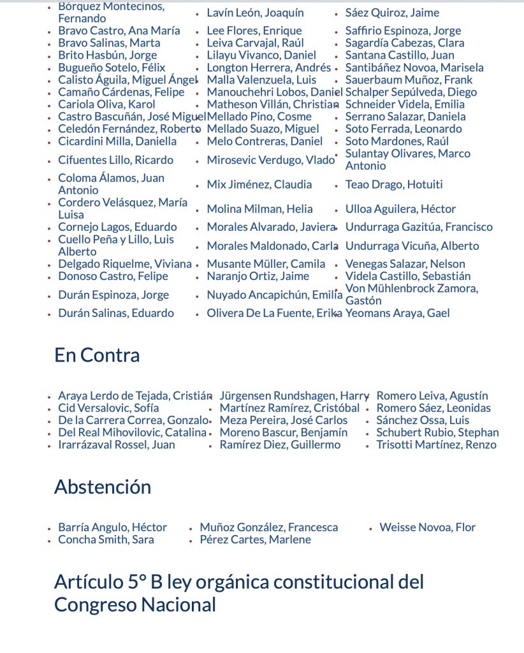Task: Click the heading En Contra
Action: tap(97, 355)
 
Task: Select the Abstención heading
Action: tap(103, 487)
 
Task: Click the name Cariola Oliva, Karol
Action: tap(106, 105)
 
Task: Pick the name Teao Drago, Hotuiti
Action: tap(393, 185)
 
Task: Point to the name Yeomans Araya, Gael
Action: tap(397, 313)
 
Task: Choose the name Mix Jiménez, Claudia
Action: tap(259, 185)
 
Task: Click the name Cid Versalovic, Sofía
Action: tap(108, 408)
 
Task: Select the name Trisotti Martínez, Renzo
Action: tap(436, 445)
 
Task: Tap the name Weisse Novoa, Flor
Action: tap(427, 527)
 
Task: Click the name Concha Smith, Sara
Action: tap(106, 539)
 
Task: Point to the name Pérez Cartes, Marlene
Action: tap(255, 539)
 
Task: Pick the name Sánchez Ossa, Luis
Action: tap(423, 420)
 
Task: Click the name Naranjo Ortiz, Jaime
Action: tap(258, 276)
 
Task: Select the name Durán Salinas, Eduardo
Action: tap(116, 313)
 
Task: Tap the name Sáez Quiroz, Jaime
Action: tap(392, 13)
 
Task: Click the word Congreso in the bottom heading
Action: tap(94, 605)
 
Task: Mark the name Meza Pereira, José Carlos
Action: tap(284, 420)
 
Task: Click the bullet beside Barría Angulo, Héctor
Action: tap(49, 529)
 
